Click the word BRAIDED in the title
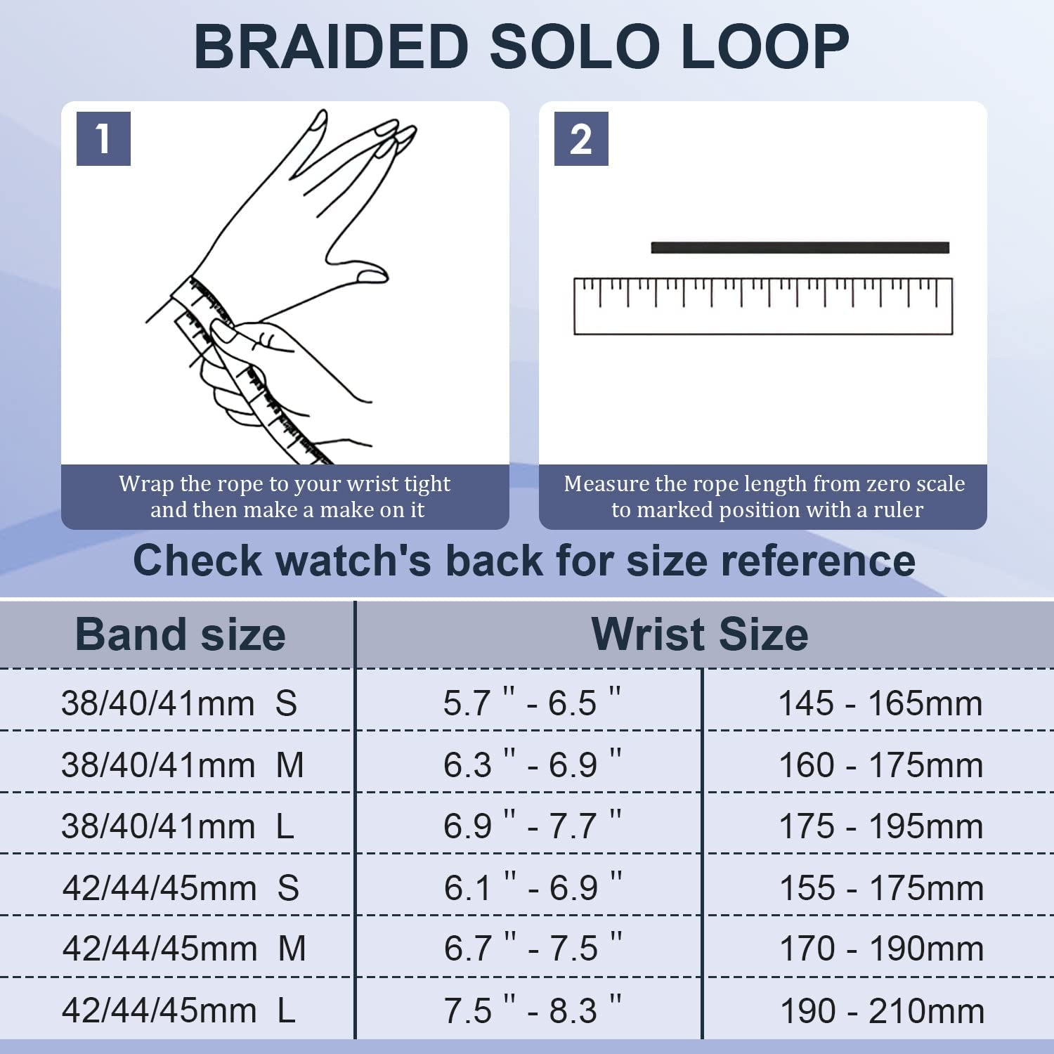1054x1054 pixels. point(331,46)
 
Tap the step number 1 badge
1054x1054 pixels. point(103,138)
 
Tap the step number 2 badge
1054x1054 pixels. point(581,138)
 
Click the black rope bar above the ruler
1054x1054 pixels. point(800,247)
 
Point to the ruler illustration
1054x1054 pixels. point(763,306)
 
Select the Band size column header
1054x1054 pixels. point(180,635)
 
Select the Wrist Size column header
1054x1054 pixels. point(700,635)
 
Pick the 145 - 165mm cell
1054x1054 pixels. point(880,703)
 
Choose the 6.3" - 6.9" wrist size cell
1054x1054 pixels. point(531,765)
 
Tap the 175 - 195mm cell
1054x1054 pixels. point(880,826)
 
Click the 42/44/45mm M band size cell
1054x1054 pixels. point(183,949)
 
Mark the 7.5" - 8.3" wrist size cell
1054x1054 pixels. point(532,1010)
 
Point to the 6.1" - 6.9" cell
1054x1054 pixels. point(532,887)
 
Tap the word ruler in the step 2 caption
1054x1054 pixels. point(898,509)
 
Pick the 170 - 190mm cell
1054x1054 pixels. point(881,949)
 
